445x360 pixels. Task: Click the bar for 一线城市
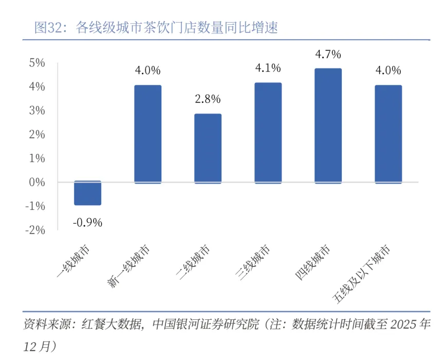(87, 193)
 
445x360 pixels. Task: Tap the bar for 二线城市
(208, 148)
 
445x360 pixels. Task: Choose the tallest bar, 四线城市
(328, 125)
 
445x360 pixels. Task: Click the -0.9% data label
(87, 223)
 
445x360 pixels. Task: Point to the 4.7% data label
(328, 54)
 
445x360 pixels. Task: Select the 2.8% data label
(208, 99)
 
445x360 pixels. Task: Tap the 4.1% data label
(268, 68)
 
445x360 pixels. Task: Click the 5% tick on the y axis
(38, 63)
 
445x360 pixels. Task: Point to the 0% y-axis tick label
(38, 182)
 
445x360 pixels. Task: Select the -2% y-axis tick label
(35, 230)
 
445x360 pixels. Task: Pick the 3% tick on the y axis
(38, 111)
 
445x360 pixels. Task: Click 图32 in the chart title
(48, 27)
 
